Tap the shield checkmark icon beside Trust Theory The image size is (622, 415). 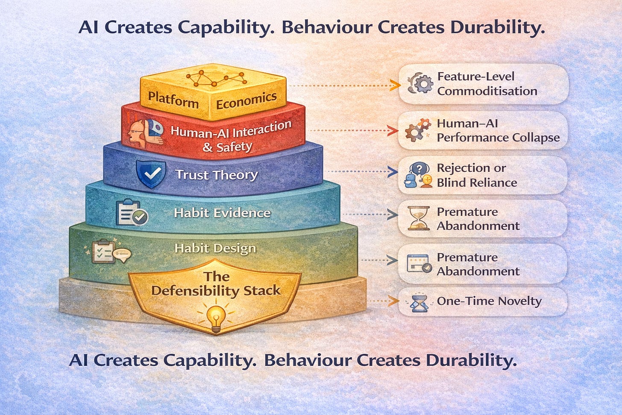(150, 174)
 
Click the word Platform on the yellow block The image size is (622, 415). (173, 100)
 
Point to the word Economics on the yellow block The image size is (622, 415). (246, 100)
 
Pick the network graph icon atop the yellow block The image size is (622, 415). (216, 78)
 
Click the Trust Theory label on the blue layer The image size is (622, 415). (217, 175)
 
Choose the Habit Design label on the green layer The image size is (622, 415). (215, 248)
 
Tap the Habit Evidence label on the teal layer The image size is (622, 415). (222, 213)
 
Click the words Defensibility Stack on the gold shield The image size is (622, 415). (216, 291)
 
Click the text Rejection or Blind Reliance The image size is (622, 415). (477, 175)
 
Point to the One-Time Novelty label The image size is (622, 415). (489, 301)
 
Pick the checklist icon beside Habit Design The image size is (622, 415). (104, 251)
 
